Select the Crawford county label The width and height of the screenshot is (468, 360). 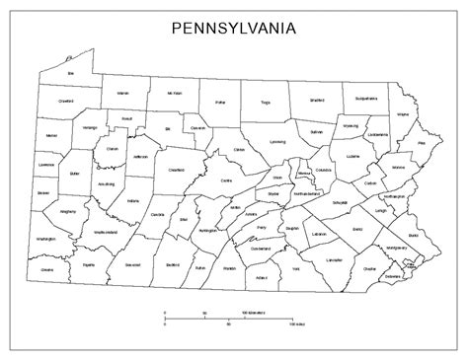click(66, 100)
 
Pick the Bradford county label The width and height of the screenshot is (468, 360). click(317, 99)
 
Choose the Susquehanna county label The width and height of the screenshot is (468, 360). click(367, 99)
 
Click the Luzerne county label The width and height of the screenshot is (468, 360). click(353, 156)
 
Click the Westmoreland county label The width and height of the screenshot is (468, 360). click(104, 232)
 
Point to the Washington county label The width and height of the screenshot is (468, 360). click(44, 239)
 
